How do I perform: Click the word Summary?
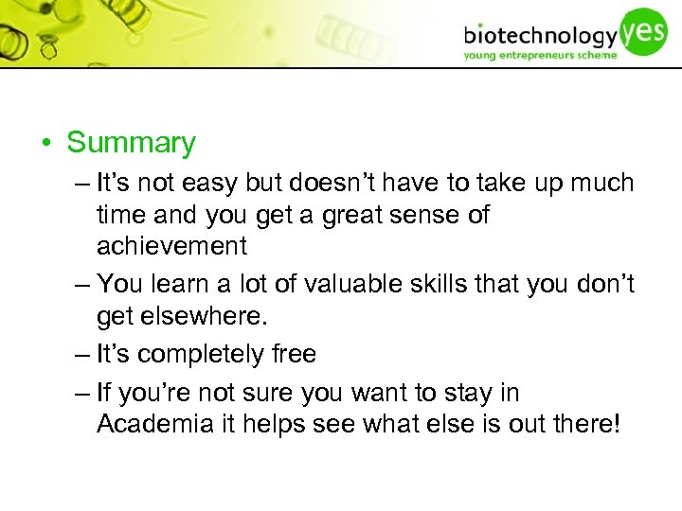coord(131,143)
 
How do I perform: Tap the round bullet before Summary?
coord(45,144)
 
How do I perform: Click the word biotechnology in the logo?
coord(540,36)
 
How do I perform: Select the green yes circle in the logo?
coord(643,30)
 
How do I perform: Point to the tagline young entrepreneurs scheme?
coord(540,55)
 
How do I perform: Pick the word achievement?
coord(171,246)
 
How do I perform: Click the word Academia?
coord(157,423)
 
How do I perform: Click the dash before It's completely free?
coord(82,354)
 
